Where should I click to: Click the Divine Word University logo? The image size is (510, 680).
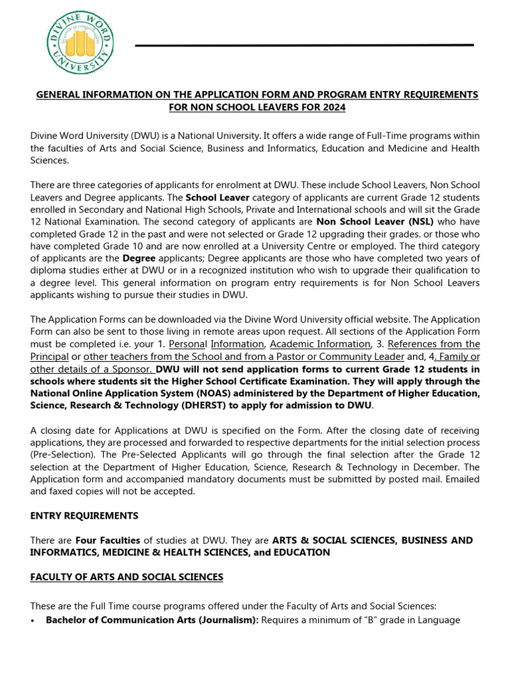pos(80,43)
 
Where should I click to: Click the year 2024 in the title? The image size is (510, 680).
pos(333,107)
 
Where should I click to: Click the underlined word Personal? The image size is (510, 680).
pos(188,344)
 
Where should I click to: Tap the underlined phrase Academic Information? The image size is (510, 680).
pos(320,344)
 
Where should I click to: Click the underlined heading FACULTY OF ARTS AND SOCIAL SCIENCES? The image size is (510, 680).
pos(127,577)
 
